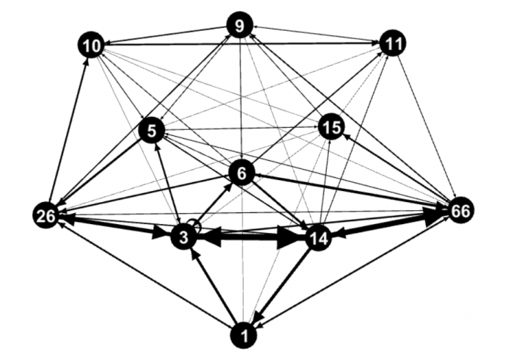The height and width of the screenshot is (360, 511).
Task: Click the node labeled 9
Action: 240,26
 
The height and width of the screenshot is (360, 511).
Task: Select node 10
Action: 91,46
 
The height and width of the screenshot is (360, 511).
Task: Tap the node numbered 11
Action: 393,43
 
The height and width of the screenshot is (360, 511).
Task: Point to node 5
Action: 152,131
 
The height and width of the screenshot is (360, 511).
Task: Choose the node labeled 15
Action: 331,127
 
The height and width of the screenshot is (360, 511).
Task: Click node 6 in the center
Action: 242,173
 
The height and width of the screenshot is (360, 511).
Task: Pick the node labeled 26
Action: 46,215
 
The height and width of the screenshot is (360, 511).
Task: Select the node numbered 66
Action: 461,211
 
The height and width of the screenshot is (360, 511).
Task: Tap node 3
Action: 184,238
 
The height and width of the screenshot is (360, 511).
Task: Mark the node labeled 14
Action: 318,238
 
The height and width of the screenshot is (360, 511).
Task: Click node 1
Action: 244,336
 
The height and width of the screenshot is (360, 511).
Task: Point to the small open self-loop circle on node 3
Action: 195,224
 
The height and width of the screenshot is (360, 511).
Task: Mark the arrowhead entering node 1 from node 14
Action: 259,316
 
